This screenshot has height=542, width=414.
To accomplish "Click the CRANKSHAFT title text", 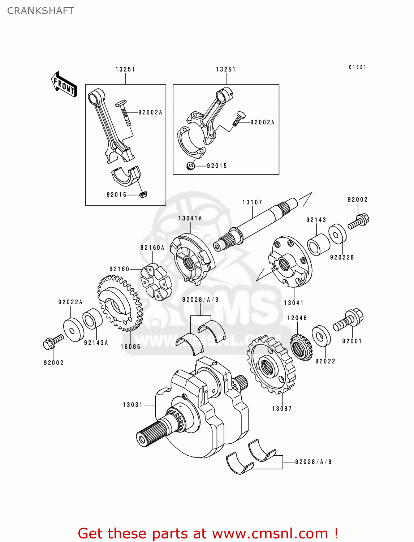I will pyautogui.click(x=40, y=11).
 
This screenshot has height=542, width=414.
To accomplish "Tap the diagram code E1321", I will pyautogui.click(x=357, y=67).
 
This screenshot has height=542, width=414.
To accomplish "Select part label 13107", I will pyautogui.click(x=252, y=202).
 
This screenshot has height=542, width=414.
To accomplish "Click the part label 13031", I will pyautogui.click(x=133, y=405).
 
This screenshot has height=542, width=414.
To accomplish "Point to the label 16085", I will pyautogui.click(x=130, y=347).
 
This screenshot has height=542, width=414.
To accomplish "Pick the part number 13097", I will pyautogui.click(x=282, y=409).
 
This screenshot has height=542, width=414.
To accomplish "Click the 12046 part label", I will pyautogui.click(x=297, y=318).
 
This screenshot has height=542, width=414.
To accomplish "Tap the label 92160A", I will pyautogui.click(x=152, y=248).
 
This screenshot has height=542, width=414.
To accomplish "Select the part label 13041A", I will pyautogui.click(x=190, y=218).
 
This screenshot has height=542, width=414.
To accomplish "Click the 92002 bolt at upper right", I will pyautogui.click(x=358, y=221).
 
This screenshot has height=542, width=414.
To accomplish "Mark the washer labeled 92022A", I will pyautogui.click(x=73, y=329).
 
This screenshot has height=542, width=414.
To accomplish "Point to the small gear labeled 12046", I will pyautogui.click(x=301, y=347).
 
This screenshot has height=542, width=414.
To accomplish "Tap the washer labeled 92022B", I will pyautogui.click(x=337, y=234).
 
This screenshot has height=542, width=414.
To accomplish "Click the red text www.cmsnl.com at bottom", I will pyautogui.click(x=270, y=534).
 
